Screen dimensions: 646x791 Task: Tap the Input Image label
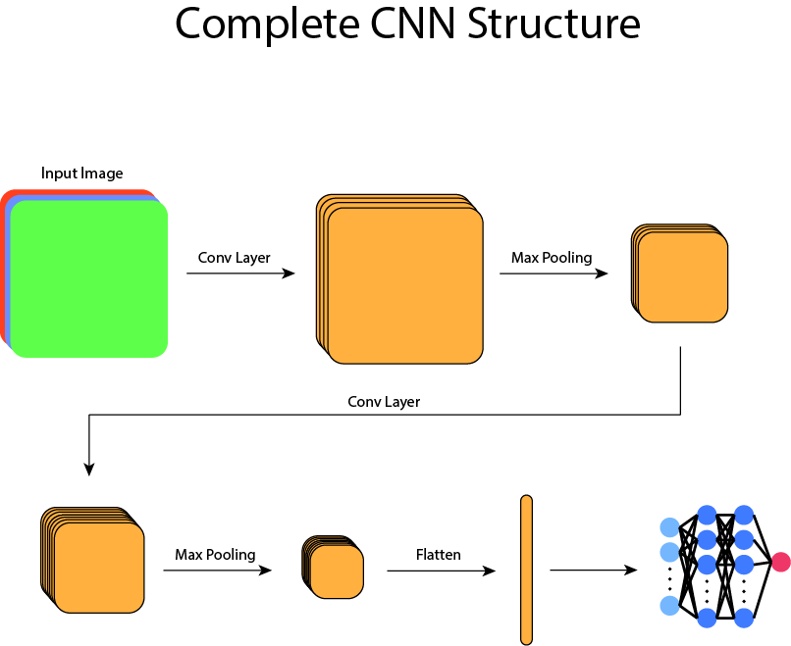[82, 174]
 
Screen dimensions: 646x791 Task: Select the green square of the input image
[89, 278]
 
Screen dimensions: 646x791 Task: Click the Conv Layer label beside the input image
[234, 258]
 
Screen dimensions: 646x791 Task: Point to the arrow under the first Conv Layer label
[240, 273]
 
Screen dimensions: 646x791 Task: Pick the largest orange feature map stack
[402, 283]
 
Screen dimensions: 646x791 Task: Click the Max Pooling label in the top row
[552, 258]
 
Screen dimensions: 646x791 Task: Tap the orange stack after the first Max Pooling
[681, 275]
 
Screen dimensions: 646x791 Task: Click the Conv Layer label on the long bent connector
[384, 402]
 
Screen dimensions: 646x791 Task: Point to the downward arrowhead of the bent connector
[89, 469]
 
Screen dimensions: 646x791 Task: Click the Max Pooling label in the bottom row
[215, 555]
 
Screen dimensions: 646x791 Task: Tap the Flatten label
[438, 555]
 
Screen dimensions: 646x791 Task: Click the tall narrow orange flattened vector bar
[526, 570]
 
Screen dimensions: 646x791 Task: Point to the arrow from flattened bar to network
[593, 570]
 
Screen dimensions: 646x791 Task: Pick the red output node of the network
[780, 562]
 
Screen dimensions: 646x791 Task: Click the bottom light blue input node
[670, 607]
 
